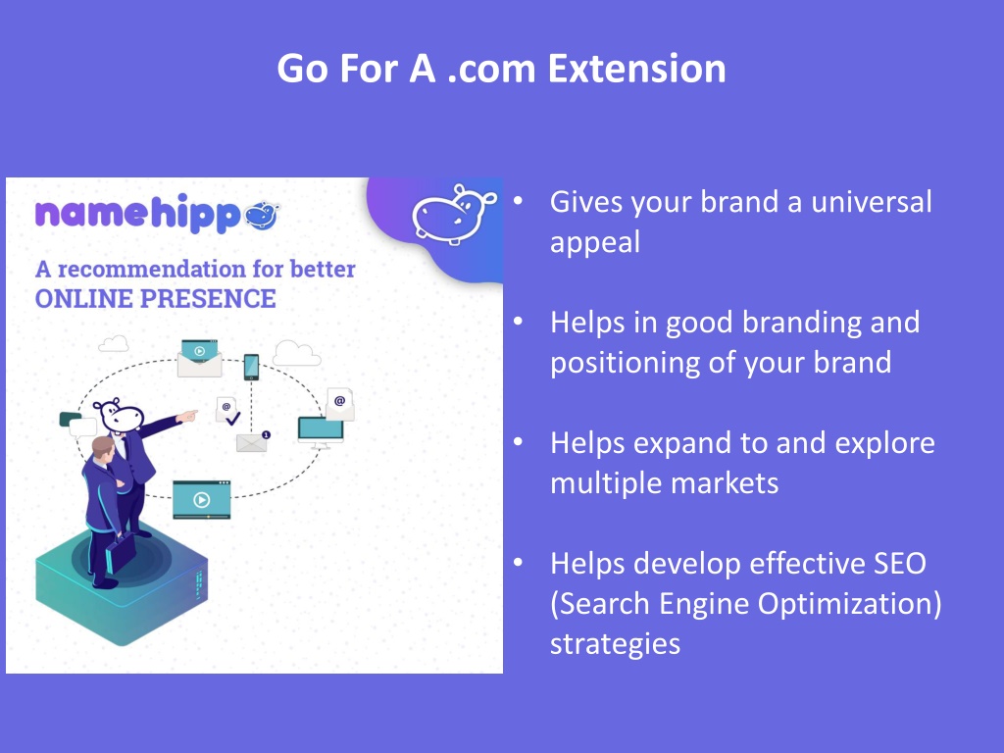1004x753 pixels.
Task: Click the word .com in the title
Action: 490,69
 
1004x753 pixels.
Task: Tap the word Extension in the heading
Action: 636,69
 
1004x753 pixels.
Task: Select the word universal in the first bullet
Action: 872,202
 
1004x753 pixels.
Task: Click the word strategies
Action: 615,644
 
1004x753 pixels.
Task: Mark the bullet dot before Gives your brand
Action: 518,201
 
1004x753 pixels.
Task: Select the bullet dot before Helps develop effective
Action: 518,563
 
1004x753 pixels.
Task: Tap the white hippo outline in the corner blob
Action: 453,213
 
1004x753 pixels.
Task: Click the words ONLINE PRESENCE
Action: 156,299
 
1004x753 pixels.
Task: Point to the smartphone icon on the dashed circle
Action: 252,368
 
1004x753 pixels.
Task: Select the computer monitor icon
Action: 321,431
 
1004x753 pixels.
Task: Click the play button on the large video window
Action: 201,499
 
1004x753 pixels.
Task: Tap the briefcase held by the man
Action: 121,551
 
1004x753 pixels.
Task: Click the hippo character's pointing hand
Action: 187,416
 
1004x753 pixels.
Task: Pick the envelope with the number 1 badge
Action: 252,442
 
